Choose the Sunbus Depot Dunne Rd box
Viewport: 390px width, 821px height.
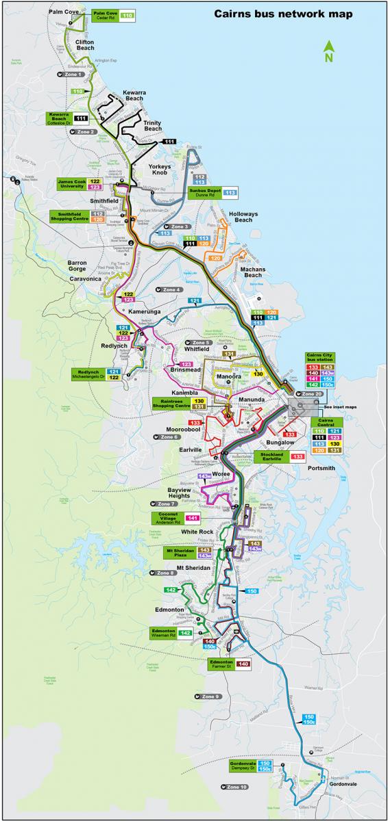204,192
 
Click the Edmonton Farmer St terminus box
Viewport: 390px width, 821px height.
220,663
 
